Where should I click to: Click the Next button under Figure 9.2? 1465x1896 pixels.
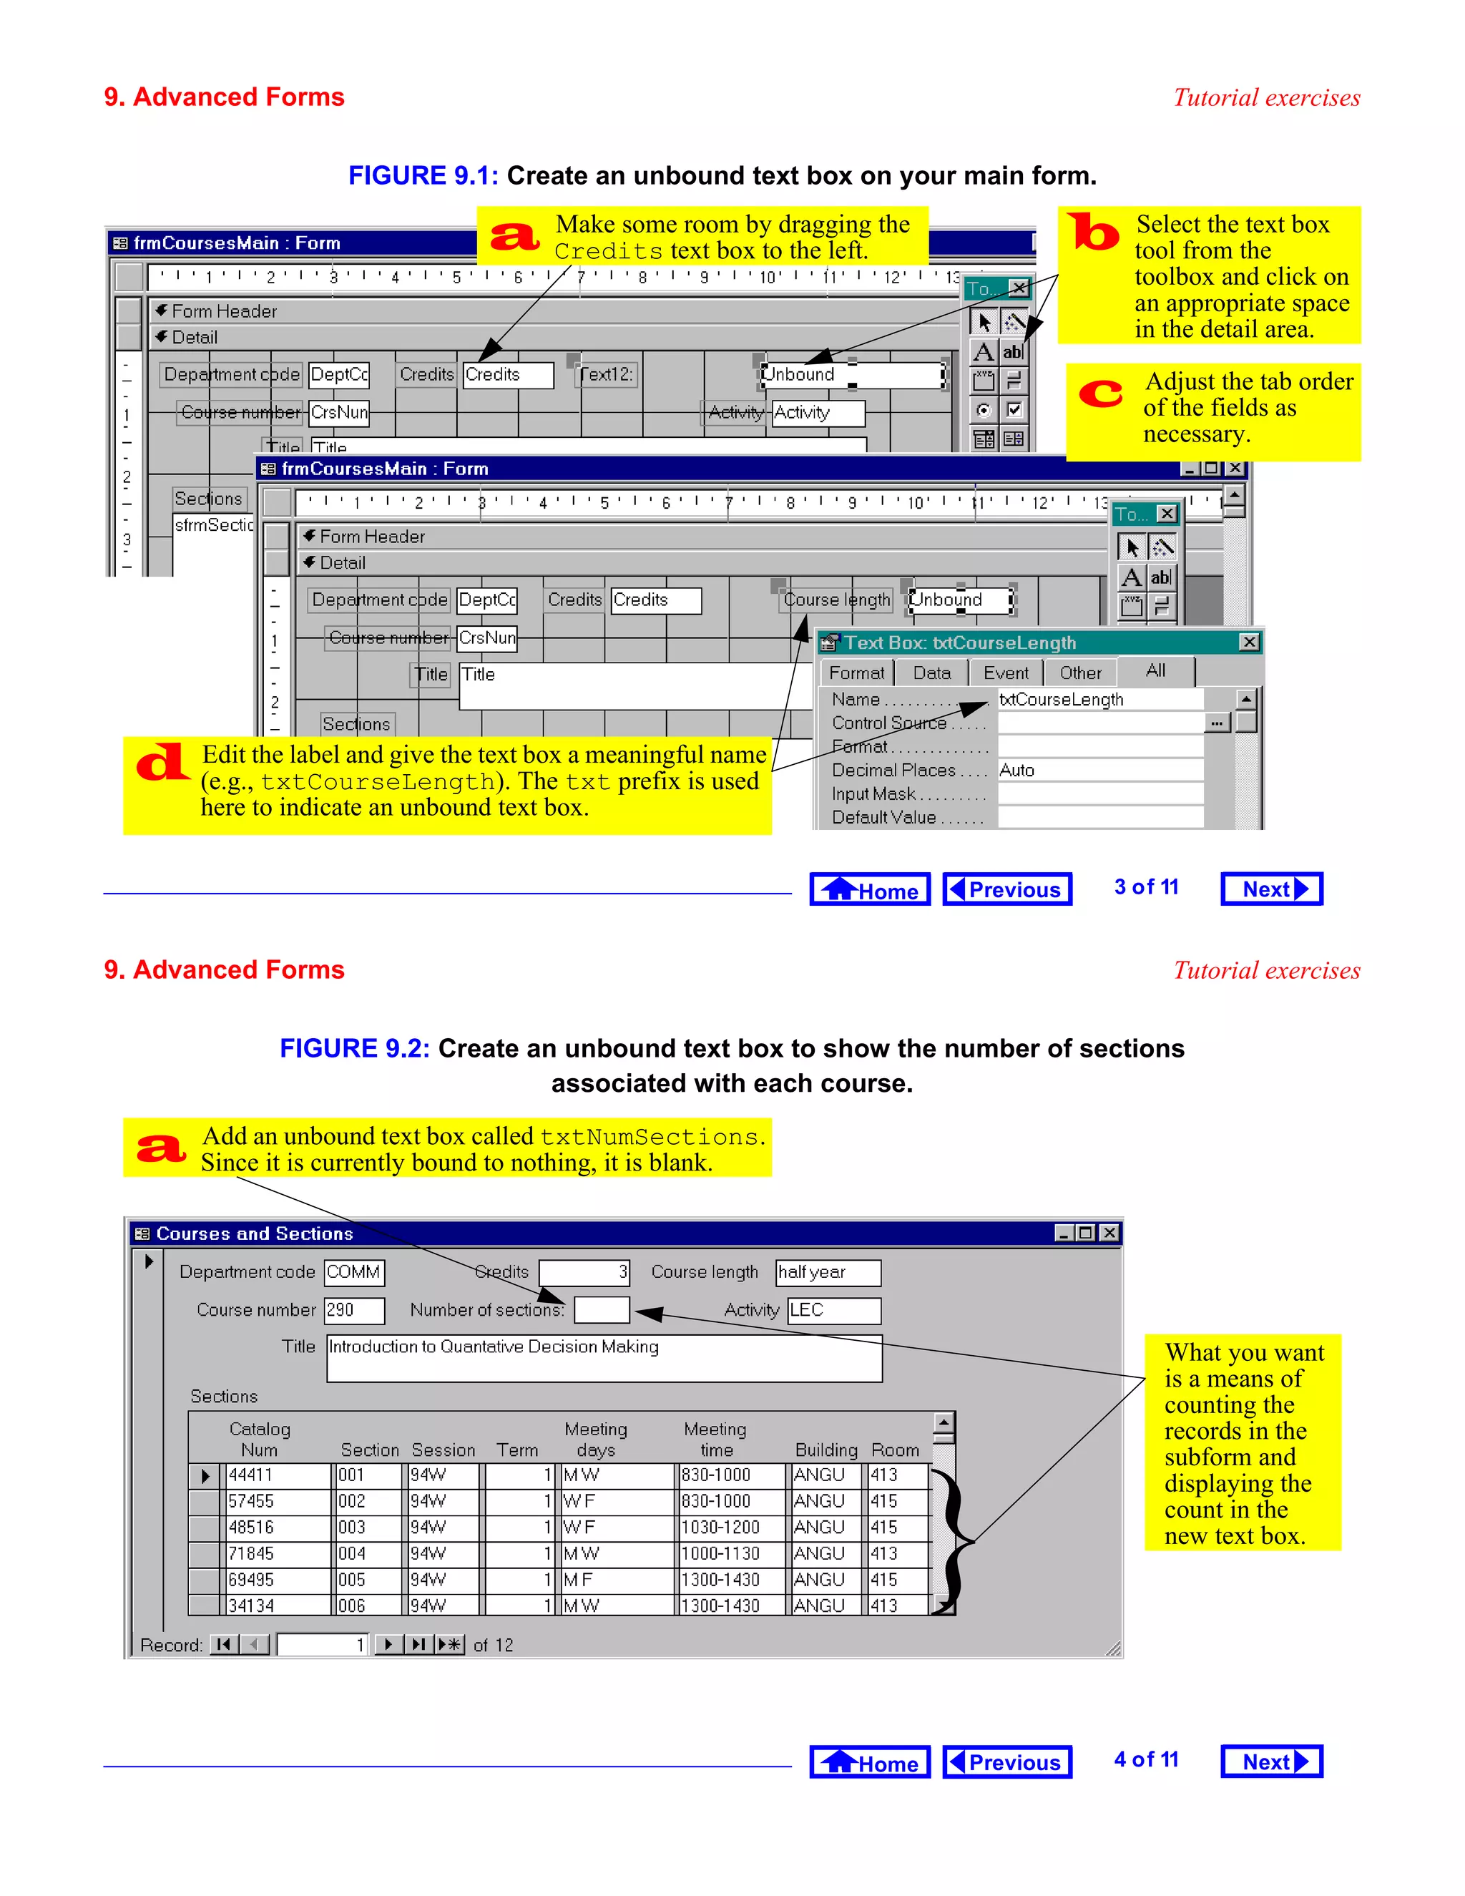point(1270,1762)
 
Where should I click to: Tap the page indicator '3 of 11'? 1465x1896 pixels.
point(1146,887)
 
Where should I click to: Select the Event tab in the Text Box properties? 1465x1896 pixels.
point(1005,673)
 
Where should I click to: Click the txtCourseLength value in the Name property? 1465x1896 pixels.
point(1061,700)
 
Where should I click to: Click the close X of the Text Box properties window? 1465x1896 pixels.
point(1249,642)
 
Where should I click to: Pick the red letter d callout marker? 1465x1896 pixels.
point(162,763)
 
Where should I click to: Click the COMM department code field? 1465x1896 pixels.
point(354,1273)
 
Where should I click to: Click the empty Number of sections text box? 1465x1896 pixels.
point(602,1310)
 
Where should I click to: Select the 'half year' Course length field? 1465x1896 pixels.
point(827,1273)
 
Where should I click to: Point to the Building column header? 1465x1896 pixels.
point(825,1450)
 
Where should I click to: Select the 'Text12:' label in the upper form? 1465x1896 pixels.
point(606,375)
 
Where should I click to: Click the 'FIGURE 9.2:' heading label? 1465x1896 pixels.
point(354,1049)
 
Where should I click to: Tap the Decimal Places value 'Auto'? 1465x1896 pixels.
point(1017,770)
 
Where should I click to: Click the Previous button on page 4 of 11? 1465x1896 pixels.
point(1006,1762)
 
